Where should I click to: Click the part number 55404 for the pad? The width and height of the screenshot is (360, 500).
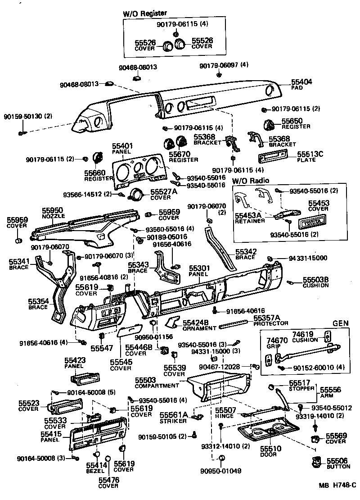[301, 82]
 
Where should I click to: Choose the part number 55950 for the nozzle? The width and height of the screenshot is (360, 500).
[53, 210]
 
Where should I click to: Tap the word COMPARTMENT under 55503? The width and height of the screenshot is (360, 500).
[157, 386]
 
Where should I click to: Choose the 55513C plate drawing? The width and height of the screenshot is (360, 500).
[275, 158]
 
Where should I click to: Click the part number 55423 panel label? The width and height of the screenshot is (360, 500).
[75, 361]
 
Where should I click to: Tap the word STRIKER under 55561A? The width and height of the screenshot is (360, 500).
[173, 421]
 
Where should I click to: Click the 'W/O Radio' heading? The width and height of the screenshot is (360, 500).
[251, 181]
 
